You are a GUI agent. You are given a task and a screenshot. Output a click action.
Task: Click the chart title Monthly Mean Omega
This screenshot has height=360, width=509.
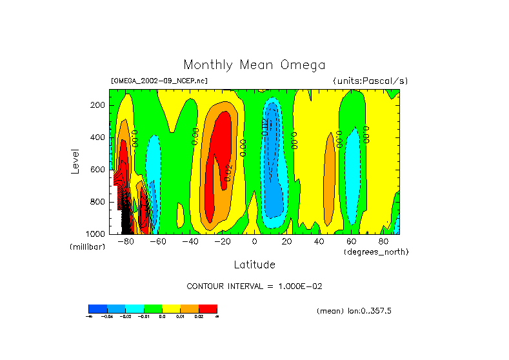coord(254,65)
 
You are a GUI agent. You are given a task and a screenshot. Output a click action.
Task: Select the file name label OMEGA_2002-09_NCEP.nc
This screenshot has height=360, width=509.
coord(159,81)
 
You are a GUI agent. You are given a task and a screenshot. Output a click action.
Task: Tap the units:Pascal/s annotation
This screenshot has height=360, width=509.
coord(370,81)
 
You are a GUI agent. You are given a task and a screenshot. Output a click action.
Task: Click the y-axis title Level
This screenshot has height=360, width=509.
coord(75,161)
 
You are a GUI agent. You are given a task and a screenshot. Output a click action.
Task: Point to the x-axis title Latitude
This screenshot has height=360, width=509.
coord(254,265)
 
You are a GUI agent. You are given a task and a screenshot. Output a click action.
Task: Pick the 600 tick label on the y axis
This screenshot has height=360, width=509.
coord(98,170)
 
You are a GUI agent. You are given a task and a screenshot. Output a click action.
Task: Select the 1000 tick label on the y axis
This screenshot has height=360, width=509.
coord(96,234)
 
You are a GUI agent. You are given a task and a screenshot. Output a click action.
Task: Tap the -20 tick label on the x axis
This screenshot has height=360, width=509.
coord(222,241)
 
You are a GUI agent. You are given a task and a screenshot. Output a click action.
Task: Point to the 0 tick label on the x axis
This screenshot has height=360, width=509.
coord(255,241)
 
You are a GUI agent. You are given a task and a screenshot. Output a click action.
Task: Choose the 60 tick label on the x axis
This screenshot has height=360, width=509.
coord(352,241)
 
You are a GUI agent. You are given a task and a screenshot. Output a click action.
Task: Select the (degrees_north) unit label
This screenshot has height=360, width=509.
coord(376,251)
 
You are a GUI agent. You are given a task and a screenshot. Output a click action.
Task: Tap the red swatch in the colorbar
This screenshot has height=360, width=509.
coord(208,308)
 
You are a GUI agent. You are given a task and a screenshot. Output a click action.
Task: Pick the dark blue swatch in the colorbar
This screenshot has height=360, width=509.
coord(97,308)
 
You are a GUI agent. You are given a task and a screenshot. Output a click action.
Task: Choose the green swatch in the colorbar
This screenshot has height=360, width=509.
coord(153,308)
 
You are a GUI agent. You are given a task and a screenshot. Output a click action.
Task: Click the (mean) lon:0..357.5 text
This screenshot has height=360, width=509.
coord(354,311)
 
